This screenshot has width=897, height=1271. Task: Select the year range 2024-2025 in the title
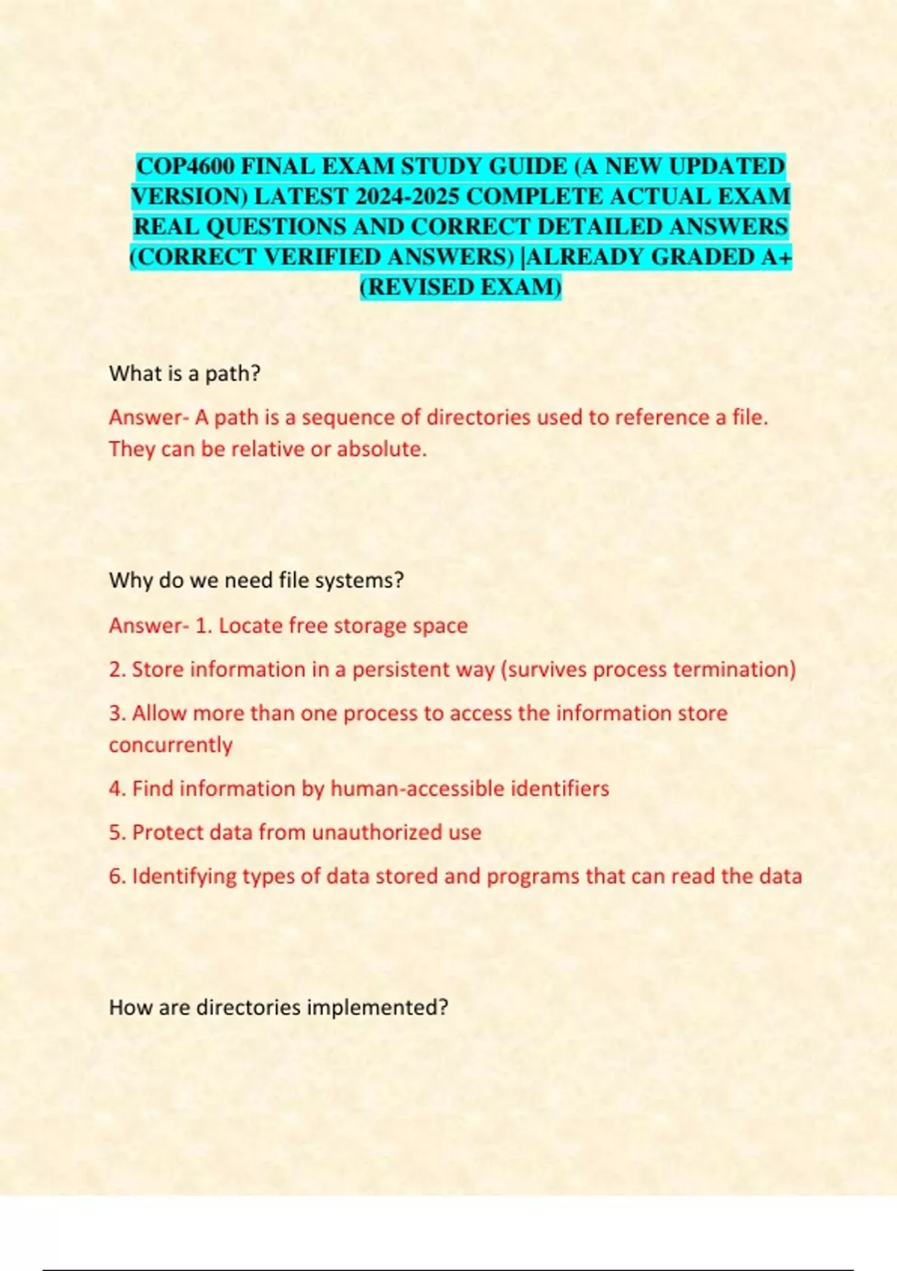coord(407,197)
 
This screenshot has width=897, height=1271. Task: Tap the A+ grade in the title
coord(776,257)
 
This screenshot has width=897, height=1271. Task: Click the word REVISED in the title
coord(419,288)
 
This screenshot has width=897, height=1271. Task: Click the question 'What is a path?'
coord(185,373)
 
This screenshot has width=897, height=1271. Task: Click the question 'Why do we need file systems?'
coord(256,580)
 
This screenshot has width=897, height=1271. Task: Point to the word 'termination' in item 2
coord(730,669)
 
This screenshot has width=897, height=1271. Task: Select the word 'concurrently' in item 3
coord(170,745)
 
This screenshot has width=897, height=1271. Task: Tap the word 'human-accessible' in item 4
coord(417,789)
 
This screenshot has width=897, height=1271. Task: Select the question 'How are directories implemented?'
coord(278,1007)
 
